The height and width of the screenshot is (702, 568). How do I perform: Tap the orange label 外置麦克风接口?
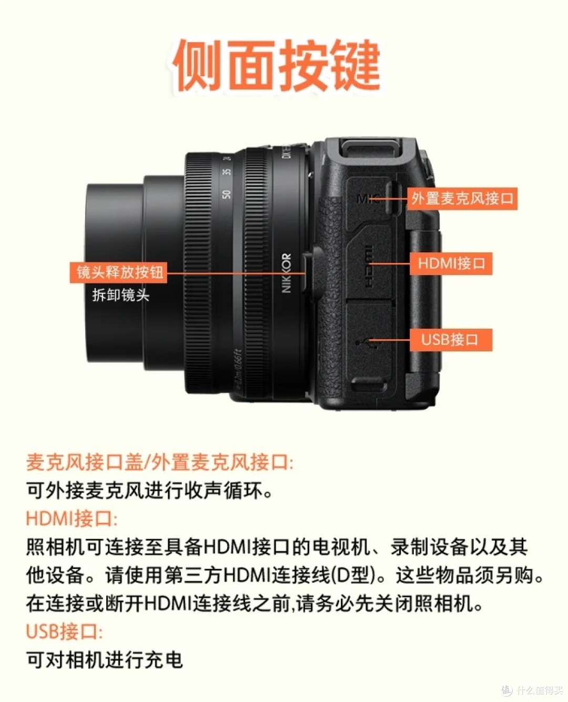click(x=462, y=198)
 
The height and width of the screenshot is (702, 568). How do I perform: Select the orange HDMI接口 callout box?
click(x=451, y=263)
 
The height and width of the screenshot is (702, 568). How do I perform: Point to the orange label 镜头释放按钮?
click(x=119, y=272)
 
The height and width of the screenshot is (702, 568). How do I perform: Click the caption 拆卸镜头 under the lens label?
click(x=121, y=295)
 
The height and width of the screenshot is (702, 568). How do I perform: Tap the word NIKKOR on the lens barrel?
click(x=287, y=272)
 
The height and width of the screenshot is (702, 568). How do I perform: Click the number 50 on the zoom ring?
click(x=226, y=194)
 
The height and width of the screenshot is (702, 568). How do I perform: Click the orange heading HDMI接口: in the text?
click(x=72, y=518)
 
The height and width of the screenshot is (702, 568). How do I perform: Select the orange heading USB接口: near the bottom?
click(x=64, y=631)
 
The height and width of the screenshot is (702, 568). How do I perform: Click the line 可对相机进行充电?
click(x=105, y=659)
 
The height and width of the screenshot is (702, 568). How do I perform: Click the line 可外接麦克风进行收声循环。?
click(x=150, y=491)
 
